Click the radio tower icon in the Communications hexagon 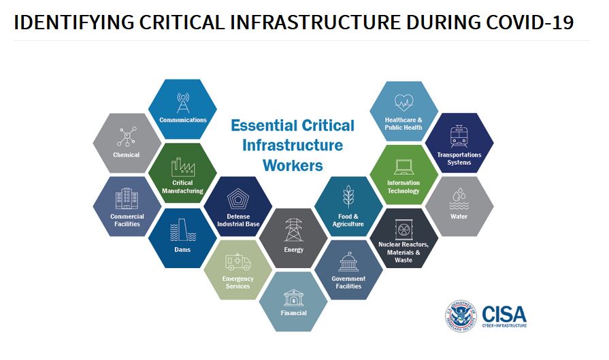[x=183, y=103]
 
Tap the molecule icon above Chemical [x=127, y=136]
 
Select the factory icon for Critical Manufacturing [x=183, y=167]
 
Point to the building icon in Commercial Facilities [x=127, y=199]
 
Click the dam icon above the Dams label [x=183, y=230]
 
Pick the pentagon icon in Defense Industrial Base [x=238, y=199]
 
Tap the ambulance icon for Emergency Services [x=237, y=262]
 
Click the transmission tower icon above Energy [x=294, y=230]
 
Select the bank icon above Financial [x=294, y=298]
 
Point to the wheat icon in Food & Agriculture [x=348, y=196]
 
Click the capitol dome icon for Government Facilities [x=349, y=261]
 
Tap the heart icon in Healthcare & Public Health [x=404, y=103]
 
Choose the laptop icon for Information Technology [x=404, y=167]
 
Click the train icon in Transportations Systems [x=459, y=136]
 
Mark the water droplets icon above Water [x=459, y=199]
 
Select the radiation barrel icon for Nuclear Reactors [x=404, y=229]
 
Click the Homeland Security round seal [x=461, y=316]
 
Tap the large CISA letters [x=504, y=314]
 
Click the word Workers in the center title [x=293, y=165]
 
